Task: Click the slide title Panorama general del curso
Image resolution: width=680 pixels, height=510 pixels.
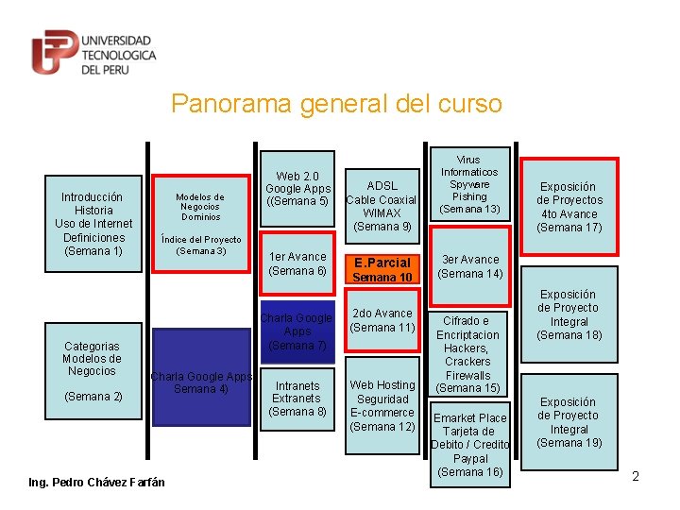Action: (x=336, y=103)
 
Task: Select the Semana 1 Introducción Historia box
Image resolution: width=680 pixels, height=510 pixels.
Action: (x=93, y=224)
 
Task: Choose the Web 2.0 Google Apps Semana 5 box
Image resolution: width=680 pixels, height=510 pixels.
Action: (x=297, y=189)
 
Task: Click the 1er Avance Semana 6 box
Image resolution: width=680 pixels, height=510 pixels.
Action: (x=297, y=263)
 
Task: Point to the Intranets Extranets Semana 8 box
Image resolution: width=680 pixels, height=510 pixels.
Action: (x=297, y=399)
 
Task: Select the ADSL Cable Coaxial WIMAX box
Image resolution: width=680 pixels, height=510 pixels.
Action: (x=382, y=206)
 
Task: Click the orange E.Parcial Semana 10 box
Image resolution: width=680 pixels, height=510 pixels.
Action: (x=382, y=269)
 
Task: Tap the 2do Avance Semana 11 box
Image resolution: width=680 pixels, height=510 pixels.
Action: (x=382, y=320)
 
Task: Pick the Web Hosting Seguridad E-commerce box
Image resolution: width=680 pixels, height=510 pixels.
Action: (x=382, y=405)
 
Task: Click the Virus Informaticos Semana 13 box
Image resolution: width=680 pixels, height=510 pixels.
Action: (x=468, y=184)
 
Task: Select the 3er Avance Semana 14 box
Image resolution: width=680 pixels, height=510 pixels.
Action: (x=468, y=266)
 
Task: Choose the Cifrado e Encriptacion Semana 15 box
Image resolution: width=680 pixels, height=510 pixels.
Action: (x=467, y=354)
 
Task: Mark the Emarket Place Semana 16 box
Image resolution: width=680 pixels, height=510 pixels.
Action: (x=469, y=444)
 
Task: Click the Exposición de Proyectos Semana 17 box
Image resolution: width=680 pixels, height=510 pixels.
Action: (x=569, y=207)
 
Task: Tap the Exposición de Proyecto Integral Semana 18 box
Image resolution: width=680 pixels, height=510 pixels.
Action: (x=569, y=314)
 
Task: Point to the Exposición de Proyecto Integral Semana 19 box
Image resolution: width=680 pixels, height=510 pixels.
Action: (x=569, y=422)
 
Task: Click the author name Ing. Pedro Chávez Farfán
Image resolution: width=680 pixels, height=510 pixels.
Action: (x=96, y=483)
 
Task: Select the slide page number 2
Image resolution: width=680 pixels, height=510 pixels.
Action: (x=636, y=476)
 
